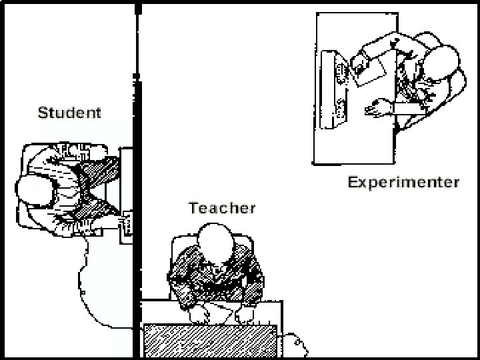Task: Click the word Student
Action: click(69, 112)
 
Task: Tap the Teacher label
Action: click(222, 207)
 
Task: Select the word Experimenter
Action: click(403, 182)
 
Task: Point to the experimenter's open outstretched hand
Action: click(379, 106)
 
